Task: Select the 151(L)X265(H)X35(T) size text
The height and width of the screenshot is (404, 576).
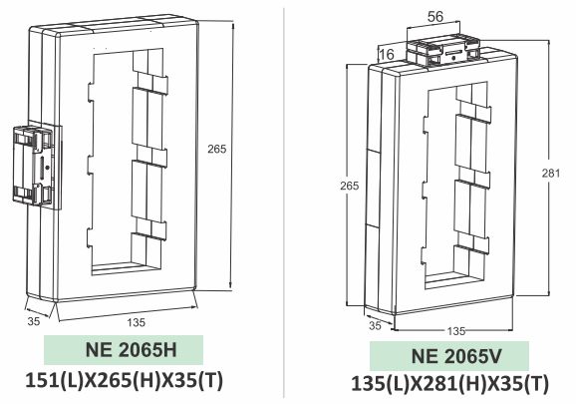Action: pos(125,382)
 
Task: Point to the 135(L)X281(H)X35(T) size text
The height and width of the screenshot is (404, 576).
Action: pos(449,385)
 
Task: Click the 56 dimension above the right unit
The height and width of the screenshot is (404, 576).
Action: pos(433,16)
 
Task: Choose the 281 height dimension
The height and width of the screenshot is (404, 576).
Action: pos(562,173)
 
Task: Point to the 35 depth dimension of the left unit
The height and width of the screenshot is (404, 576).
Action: pos(35,322)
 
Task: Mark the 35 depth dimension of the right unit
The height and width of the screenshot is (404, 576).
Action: pos(375,325)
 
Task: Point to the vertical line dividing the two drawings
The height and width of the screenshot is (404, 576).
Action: pos(286,200)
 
